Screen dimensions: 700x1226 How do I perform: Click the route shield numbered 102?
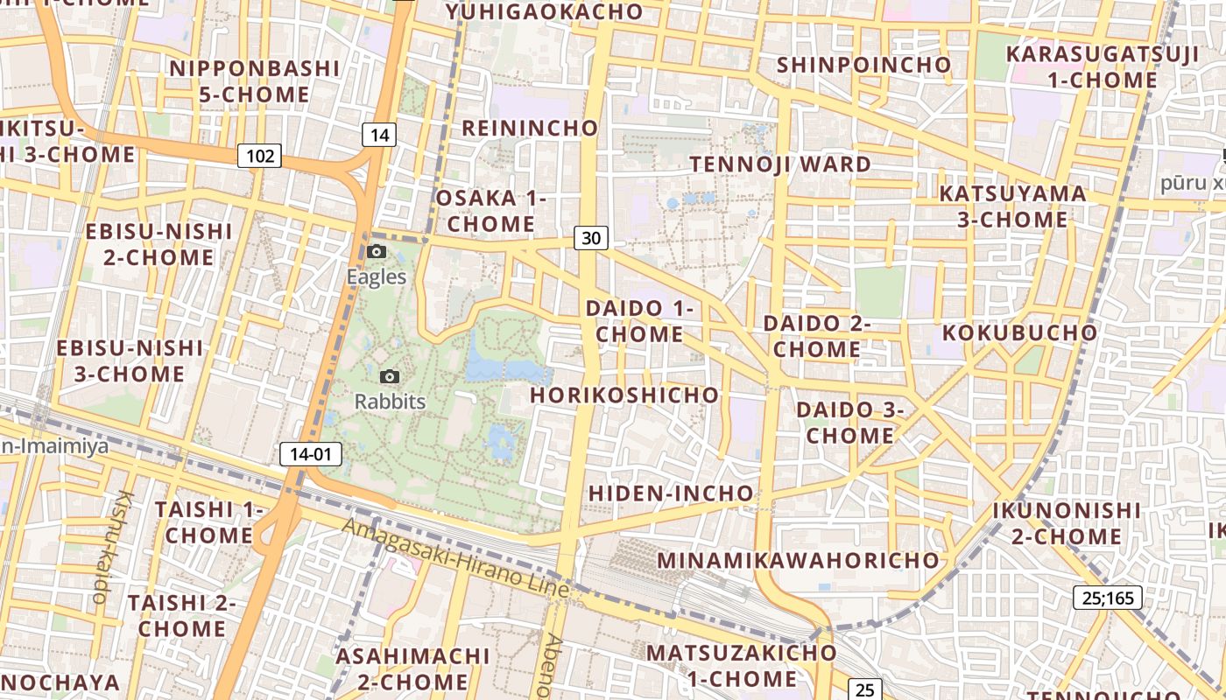(259, 157)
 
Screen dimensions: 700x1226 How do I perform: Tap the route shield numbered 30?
(592, 237)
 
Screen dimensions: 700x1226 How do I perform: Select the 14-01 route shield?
(311, 454)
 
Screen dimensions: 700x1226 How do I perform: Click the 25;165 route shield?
(1107, 598)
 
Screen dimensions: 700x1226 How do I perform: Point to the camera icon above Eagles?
(377, 252)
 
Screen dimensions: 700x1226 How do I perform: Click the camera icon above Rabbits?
(390, 377)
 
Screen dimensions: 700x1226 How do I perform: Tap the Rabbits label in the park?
(390, 402)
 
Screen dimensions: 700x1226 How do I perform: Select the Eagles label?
(377, 277)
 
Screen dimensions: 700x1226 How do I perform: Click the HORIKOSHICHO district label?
(624, 395)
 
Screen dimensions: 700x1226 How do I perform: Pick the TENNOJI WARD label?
(780, 164)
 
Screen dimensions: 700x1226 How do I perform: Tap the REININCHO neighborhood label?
(530, 129)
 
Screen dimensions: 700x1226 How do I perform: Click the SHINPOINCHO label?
(863, 65)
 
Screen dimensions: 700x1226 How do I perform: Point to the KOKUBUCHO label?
(1019, 333)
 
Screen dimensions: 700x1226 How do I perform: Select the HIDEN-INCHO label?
(670, 493)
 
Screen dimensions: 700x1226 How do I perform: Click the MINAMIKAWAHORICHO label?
(798, 560)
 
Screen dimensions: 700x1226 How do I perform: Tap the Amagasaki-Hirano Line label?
(455, 557)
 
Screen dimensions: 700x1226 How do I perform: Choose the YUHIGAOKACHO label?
(544, 12)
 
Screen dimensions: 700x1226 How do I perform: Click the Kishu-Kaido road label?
(111, 547)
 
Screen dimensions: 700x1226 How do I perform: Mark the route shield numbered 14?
(378, 135)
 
